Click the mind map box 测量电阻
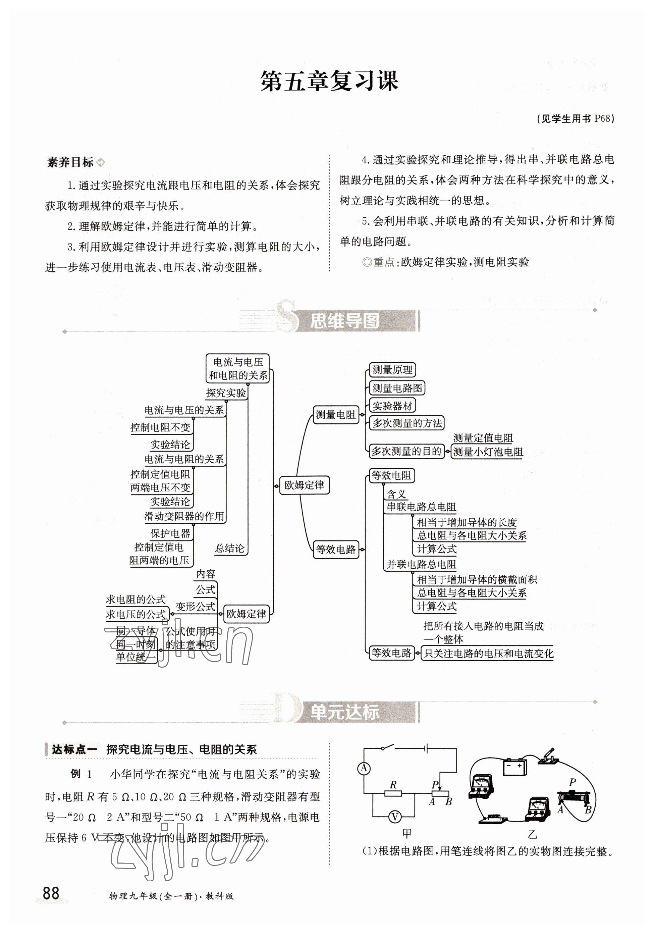335,415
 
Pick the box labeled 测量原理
392,370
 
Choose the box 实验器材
392,406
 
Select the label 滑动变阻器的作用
184,516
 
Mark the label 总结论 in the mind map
230,549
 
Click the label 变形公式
195,607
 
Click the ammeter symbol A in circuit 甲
364,768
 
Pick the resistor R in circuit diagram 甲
393,793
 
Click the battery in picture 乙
514,767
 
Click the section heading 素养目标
70,162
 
